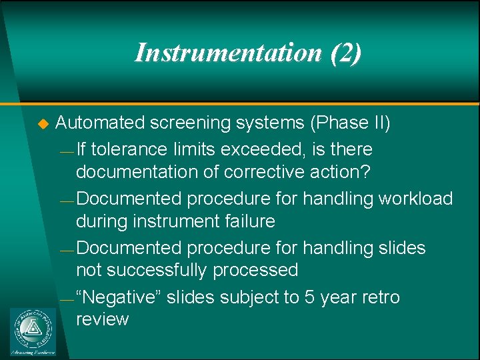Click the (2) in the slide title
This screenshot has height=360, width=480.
[345, 53]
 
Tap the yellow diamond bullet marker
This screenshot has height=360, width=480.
[44, 123]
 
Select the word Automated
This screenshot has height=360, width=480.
[100, 123]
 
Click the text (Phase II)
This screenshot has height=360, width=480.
[350, 123]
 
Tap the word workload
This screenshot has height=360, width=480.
[415, 198]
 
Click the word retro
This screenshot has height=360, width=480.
[380, 297]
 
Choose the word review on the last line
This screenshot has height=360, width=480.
[102, 319]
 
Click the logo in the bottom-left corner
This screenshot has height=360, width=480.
[33, 331]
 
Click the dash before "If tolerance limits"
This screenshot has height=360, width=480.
[65, 151]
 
